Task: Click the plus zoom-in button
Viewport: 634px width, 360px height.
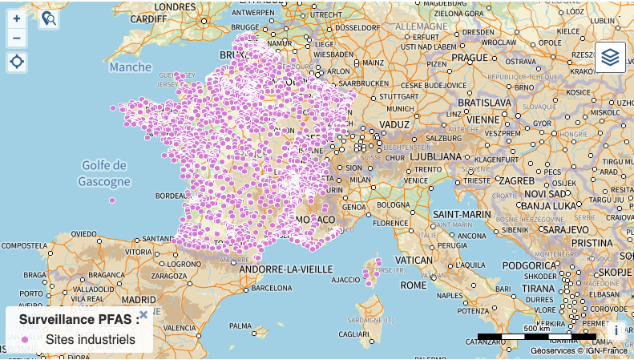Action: [17, 18]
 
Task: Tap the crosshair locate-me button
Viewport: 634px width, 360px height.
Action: [17, 62]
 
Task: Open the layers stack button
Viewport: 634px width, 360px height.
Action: [610, 58]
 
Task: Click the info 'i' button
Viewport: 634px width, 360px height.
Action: [616, 330]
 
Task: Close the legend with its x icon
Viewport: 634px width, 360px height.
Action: [143, 315]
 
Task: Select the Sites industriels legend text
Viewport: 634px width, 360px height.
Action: [90, 340]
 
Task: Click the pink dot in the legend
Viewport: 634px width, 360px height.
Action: [25, 340]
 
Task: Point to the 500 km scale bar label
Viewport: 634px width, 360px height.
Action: [536, 329]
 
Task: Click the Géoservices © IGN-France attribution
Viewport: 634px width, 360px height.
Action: [579, 350]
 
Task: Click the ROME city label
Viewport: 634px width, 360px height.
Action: [414, 285]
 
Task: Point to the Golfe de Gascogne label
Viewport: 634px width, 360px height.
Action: [104, 173]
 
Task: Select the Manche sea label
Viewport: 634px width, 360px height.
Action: [130, 67]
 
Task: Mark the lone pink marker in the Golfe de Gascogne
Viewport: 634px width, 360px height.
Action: [112, 200]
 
